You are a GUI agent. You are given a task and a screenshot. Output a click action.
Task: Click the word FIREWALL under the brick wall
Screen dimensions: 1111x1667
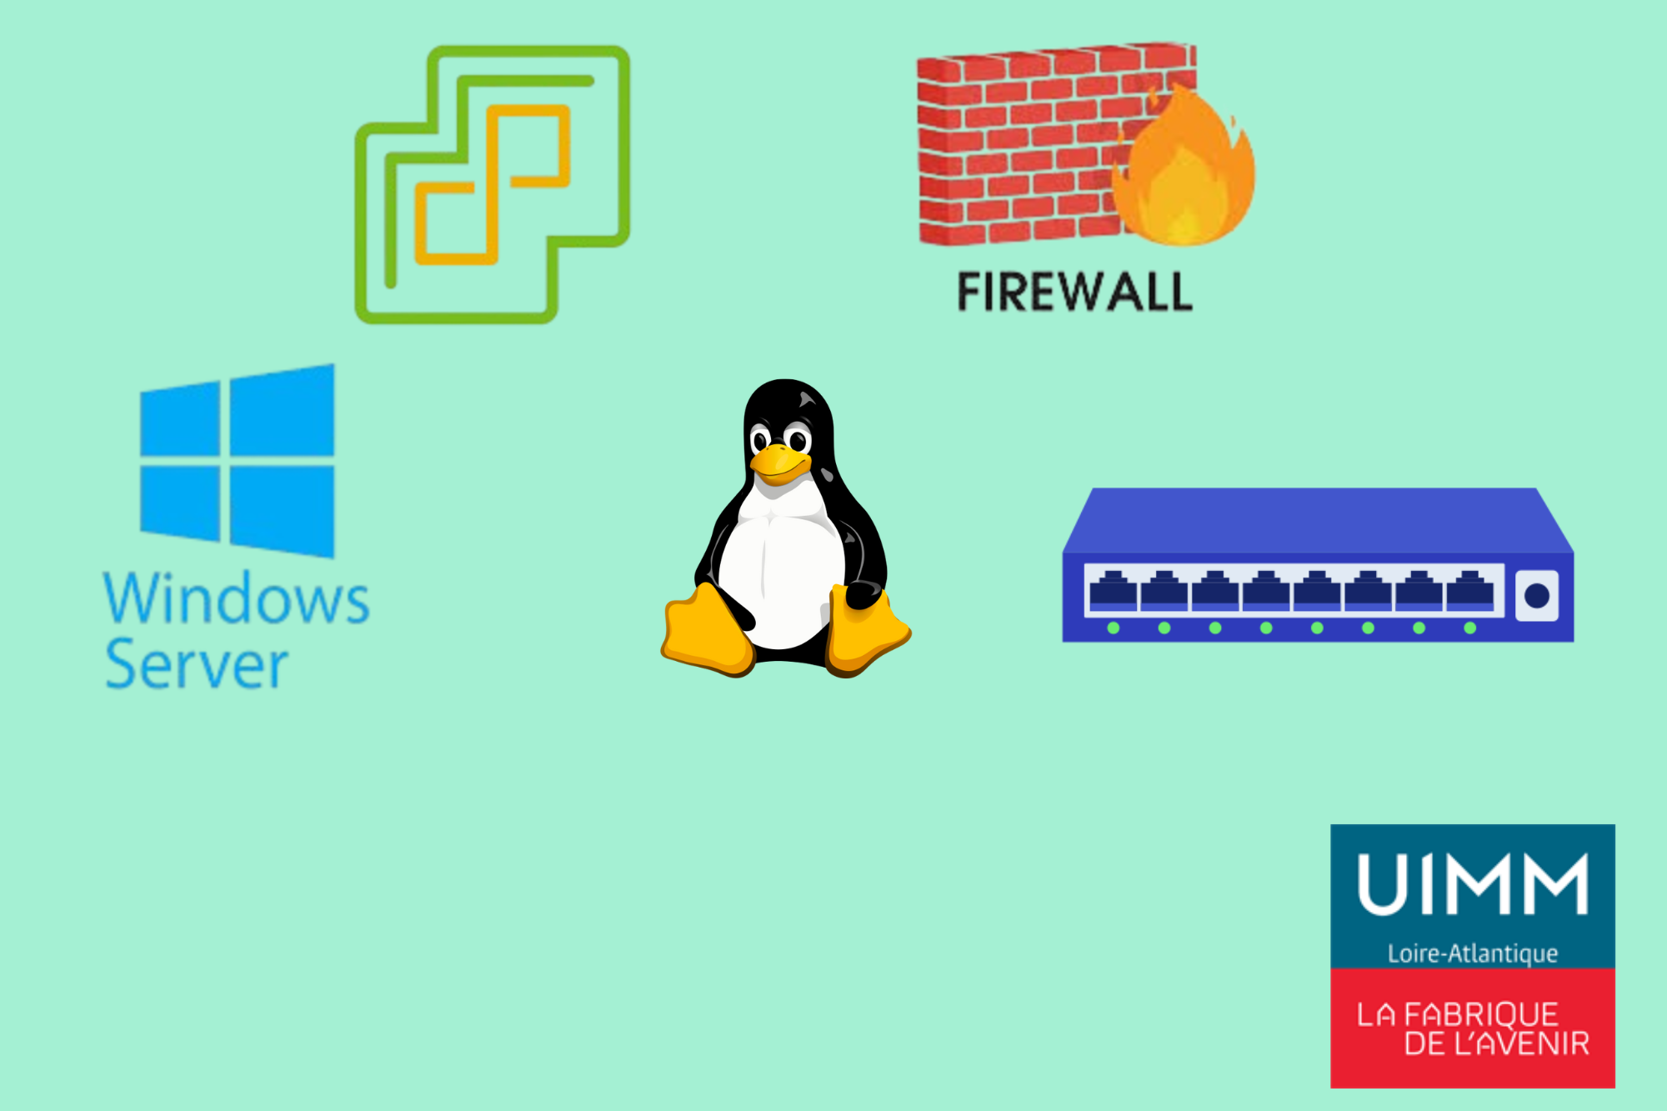click(x=1074, y=292)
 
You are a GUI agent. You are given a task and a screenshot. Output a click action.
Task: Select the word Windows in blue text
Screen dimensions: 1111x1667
click(x=237, y=598)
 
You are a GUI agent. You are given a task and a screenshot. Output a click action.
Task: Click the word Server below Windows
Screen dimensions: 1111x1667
click(x=197, y=665)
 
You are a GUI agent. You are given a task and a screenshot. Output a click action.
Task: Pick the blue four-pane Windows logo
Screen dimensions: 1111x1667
click(x=238, y=461)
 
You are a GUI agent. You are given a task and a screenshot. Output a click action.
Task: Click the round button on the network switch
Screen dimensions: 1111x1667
click(x=1536, y=595)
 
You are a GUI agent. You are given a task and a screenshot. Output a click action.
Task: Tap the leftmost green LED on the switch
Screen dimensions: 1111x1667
click(x=1114, y=628)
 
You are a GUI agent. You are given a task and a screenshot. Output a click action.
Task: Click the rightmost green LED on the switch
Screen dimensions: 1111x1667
click(x=1469, y=628)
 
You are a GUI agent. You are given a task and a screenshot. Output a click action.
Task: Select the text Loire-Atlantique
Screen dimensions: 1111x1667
click(x=1472, y=953)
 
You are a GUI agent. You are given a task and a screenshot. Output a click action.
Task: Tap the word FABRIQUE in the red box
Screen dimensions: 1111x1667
click(x=1481, y=1014)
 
